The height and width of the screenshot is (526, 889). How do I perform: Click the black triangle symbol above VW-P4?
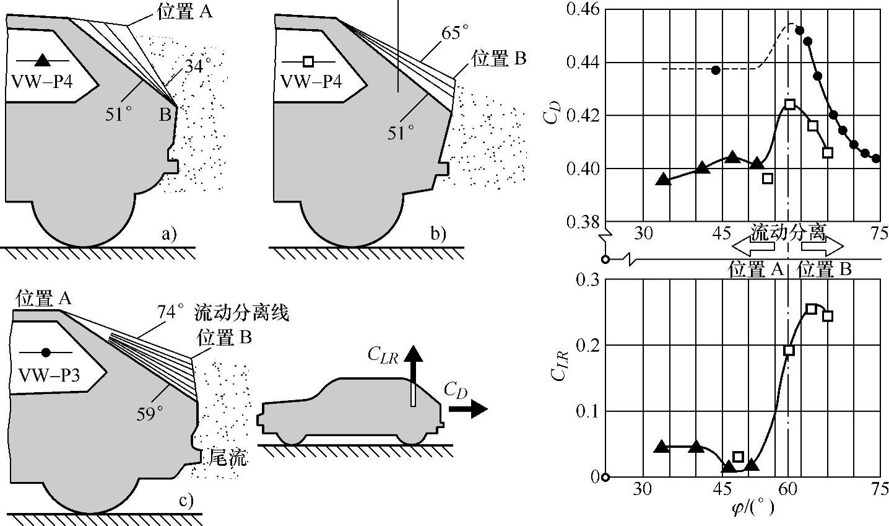pyautogui.click(x=41, y=61)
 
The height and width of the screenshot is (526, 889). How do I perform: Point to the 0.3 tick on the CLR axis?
pyautogui.click(x=588, y=279)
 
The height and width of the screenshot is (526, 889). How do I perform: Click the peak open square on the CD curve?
pyautogui.click(x=789, y=104)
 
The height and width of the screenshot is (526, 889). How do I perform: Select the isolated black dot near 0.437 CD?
pyautogui.click(x=716, y=70)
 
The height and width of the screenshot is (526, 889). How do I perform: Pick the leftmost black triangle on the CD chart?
pyautogui.click(x=663, y=180)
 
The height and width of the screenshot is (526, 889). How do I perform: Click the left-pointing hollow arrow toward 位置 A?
pyautogui.click(x=752, y=247)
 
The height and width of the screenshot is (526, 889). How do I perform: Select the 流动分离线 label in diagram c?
pyautogui.click(x=241, y=313)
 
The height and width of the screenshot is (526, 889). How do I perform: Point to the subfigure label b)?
pyautogui.click(x=438, y=234)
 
